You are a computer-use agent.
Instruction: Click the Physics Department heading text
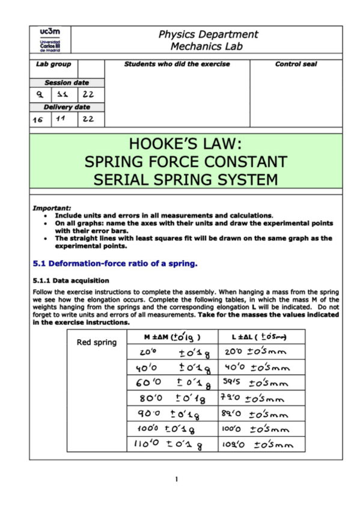coord(208,34)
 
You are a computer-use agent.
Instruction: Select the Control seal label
coord(296,64)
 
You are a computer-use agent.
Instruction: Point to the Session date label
coord(67,82)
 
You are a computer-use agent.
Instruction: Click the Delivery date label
coord(67,107)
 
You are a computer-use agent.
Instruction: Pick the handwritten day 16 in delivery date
coord(38,120)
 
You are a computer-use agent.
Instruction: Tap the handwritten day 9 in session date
coord(38,95)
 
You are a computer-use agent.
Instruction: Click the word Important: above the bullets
coord(52,208)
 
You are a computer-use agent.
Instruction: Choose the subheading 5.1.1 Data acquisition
coord(71,280)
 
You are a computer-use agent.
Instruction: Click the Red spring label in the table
coord(96,343)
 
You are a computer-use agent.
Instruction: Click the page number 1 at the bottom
coord(177,479)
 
